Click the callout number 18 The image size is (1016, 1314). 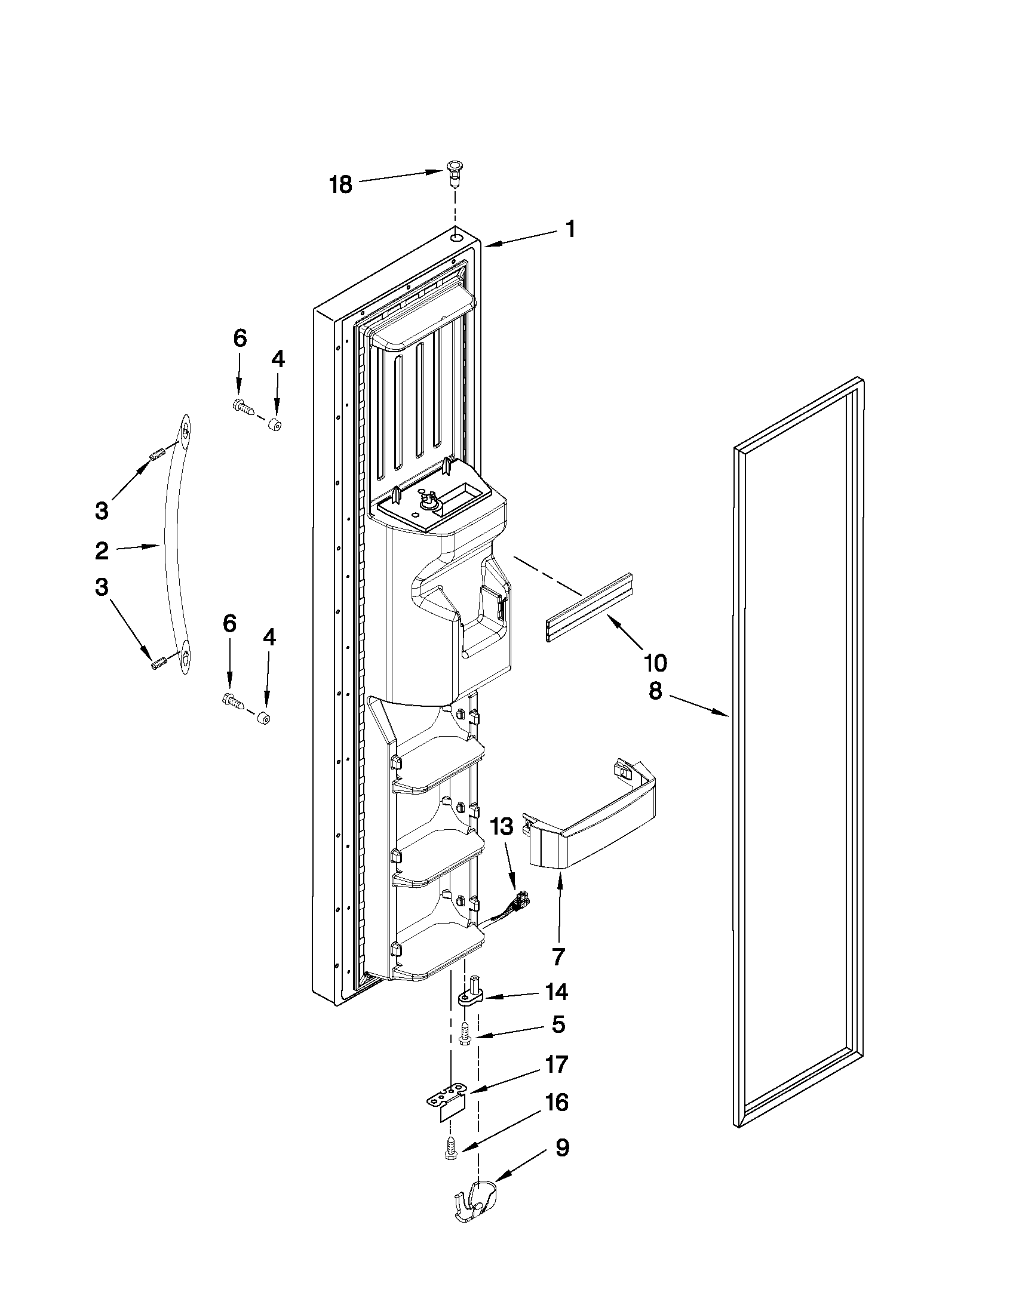tap(340, 184)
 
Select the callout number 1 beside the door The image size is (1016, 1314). tap(569, 229)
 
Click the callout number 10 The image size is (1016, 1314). tap(655, 663)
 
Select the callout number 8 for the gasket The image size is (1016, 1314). tap(655, 691)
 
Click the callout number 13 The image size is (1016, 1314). tap(502, 827)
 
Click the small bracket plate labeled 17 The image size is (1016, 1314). tap(448, 1098)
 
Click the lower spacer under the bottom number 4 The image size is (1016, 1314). tap(263, 718)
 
